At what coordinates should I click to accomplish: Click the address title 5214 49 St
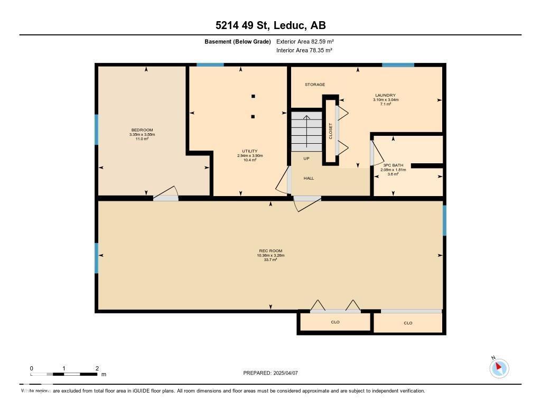[270, 25]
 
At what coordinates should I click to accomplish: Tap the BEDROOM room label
[142, 130]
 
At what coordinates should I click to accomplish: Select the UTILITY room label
[250, 151]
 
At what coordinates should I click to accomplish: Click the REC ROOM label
[270, 250]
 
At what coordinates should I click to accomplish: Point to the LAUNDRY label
[386, 96]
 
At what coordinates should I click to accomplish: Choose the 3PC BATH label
[393, 165]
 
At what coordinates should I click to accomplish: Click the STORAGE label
[315, 85]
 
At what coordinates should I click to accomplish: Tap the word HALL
[309, 178]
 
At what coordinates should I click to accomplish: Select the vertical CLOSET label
[331, 131]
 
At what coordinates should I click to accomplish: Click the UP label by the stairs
[306, 159]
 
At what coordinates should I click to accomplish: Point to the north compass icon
[499, 368]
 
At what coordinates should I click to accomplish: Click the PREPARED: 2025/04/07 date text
[270, 373]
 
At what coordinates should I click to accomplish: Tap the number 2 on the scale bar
[97, 368]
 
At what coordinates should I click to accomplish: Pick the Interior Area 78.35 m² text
[304, 50]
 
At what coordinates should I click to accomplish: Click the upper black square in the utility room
[253, 96]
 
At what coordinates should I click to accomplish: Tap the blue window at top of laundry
[398, 65]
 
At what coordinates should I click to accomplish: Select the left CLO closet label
[335, 322]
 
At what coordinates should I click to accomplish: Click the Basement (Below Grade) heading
[238, 41]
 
